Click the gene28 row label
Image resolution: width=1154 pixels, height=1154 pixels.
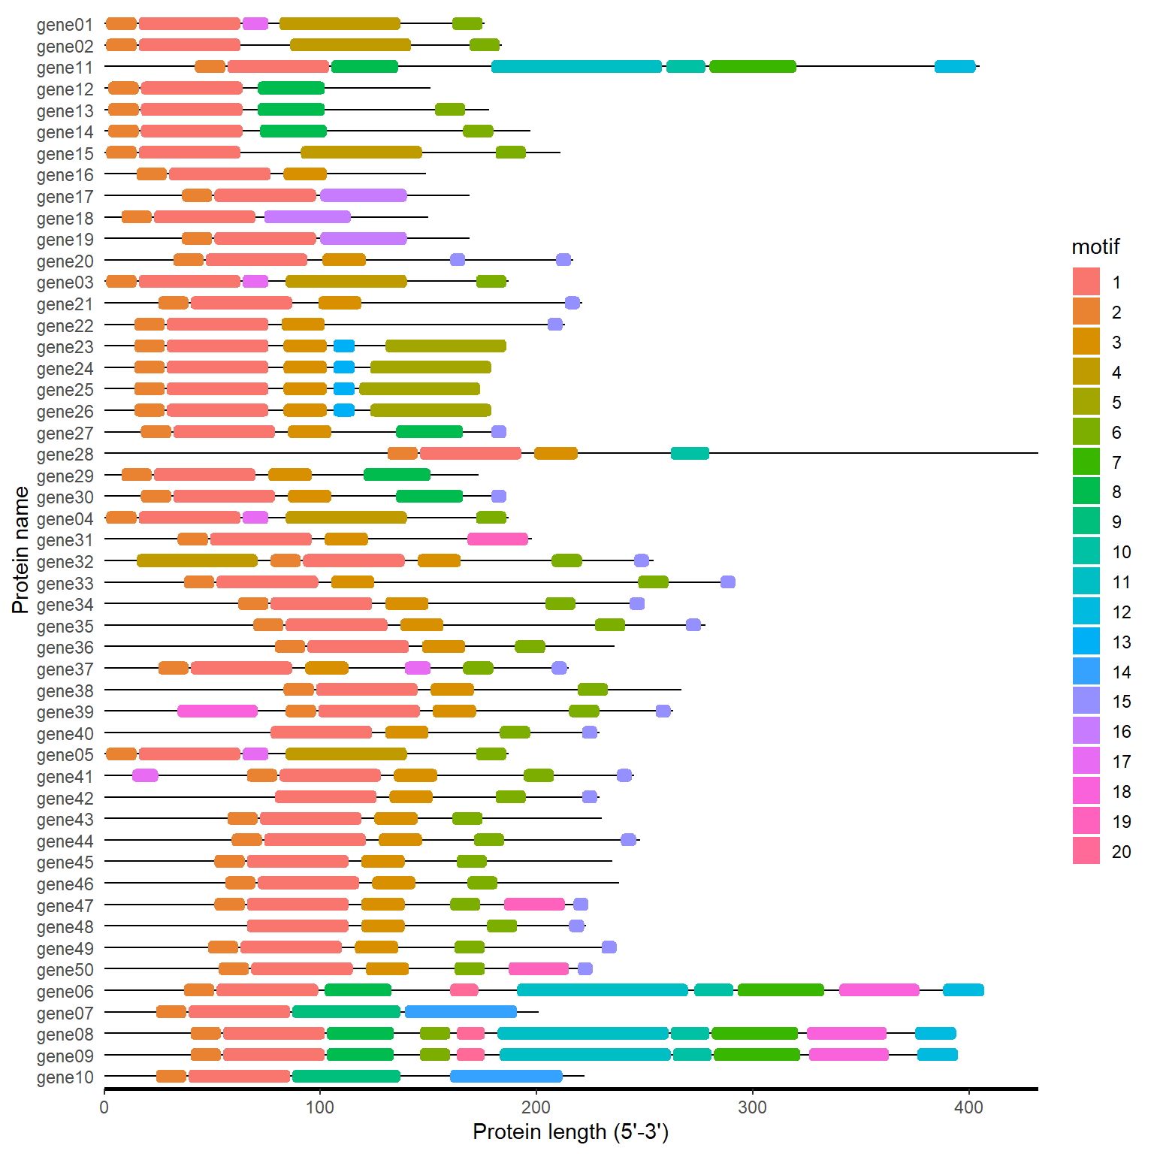point(65,455)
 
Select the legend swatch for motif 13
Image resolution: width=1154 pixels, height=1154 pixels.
point(1086,642)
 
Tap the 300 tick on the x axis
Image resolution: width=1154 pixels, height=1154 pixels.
point(752,1107)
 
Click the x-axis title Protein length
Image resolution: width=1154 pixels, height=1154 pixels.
point(570,1131)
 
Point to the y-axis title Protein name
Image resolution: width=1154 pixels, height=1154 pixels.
point(20,550)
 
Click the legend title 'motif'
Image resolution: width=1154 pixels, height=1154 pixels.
point(1095,246)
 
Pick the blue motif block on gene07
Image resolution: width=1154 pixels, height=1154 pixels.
point(461,1011)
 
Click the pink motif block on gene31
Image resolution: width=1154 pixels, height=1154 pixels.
point(497,539)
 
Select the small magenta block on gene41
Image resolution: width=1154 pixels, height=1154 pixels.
point(145,775)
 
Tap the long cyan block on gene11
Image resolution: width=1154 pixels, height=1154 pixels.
point(576,66)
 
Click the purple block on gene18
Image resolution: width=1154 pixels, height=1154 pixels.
point(307,217)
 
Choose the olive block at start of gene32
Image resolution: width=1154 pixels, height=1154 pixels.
point(197,560)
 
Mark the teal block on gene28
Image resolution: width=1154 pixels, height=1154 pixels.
point(690,453)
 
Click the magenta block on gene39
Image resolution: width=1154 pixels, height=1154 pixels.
point(217,711)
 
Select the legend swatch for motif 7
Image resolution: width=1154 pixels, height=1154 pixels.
point(1086,461)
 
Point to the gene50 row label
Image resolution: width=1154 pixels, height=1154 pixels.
point(65,970)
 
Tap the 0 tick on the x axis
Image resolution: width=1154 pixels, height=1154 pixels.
point(104,1107)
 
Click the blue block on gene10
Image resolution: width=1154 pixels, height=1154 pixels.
point(506,1076)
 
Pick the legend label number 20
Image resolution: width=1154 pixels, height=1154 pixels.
point(1121,851)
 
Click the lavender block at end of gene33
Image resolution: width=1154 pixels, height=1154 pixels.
point(727,582)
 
